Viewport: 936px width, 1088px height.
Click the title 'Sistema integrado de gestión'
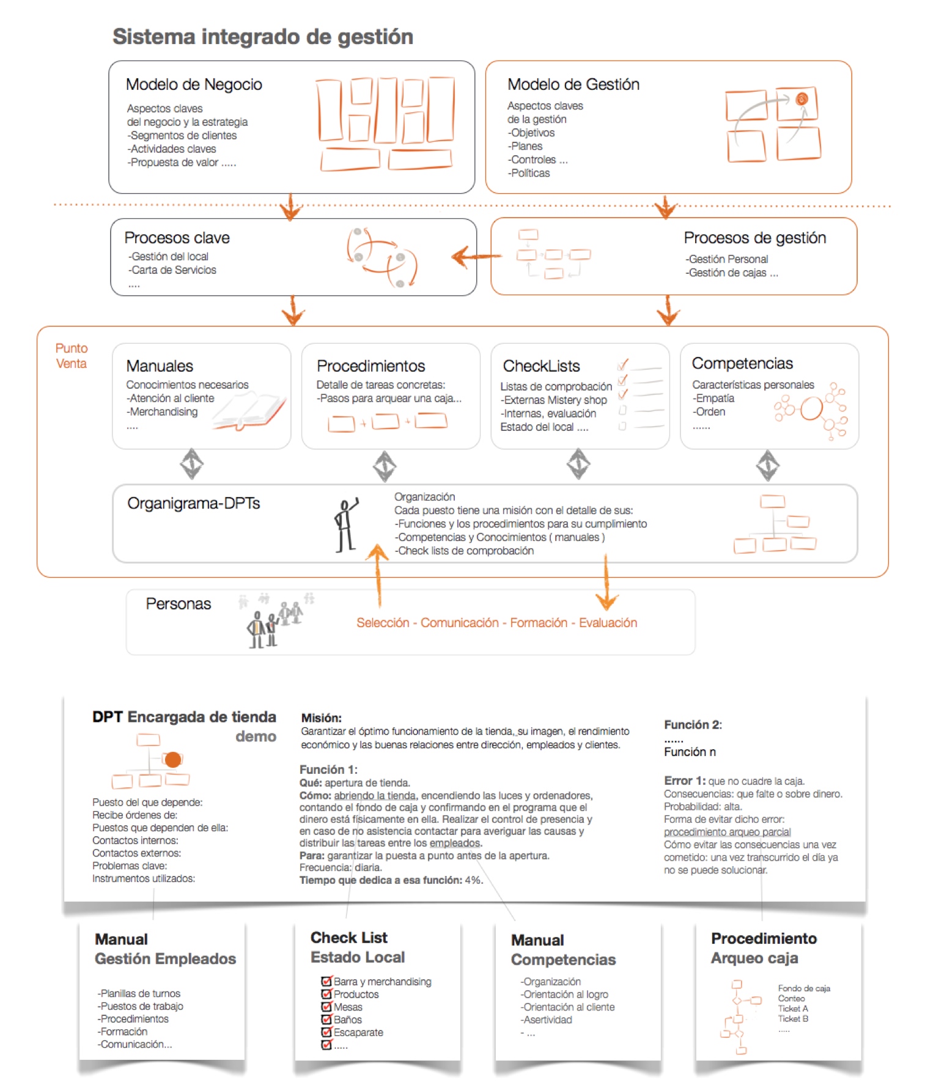(x=263, y=37)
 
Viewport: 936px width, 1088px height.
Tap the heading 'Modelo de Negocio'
(x=194, y=84)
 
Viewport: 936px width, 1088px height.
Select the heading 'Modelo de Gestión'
(x=573, y=84)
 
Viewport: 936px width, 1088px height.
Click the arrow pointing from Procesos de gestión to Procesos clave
(x=476, y=257)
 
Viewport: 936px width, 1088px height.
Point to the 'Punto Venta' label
(x=72, y=356)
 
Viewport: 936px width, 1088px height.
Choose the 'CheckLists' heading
(x=541, y=366)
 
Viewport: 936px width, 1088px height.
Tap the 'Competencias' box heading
(x=742, y=364)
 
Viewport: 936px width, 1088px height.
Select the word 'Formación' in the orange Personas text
(x=539, y=623)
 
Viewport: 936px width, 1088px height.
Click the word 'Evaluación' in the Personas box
(x=608, y=623)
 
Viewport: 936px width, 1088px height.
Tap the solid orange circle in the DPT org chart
(x=173, y=759)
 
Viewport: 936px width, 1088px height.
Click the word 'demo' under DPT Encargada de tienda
(x=256, y=737)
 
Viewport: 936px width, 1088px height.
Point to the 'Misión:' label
(x=322, y=718)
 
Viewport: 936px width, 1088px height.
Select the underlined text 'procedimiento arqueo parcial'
(x=728, y=832)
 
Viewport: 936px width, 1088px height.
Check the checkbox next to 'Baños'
(x=326, y=1020)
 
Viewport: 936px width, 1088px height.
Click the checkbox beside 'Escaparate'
(x=326, y=1032)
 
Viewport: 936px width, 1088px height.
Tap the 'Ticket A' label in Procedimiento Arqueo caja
(x=793, y=1009)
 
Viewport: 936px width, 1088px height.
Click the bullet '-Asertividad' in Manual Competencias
(x=547, y=1020)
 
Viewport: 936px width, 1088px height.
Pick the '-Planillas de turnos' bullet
(x=139, y=994)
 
